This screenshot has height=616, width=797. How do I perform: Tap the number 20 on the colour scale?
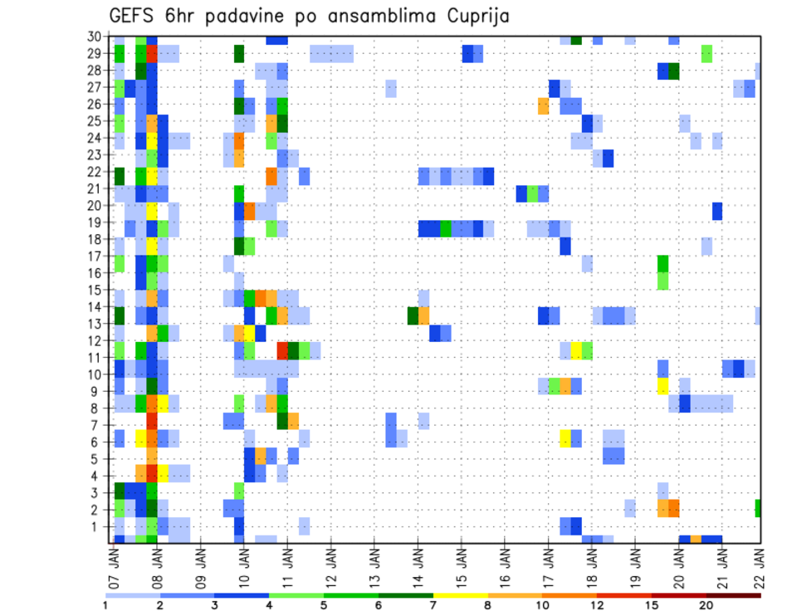(x=707, y=605)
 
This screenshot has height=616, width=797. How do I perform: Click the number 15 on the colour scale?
(x=652, y=605)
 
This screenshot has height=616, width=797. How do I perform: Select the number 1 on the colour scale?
(x=105, y=605)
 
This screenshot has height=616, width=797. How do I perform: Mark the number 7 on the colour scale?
(x=433, y=605)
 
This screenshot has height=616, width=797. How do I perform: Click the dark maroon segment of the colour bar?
(x=734, y=594)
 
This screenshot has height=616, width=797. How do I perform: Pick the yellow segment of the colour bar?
(x=461, y=594)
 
